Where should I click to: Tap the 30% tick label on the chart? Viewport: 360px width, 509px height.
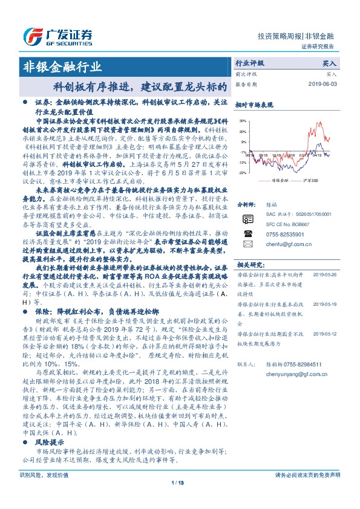click(242, 122)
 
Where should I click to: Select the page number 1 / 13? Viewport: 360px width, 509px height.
click(180, 499)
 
